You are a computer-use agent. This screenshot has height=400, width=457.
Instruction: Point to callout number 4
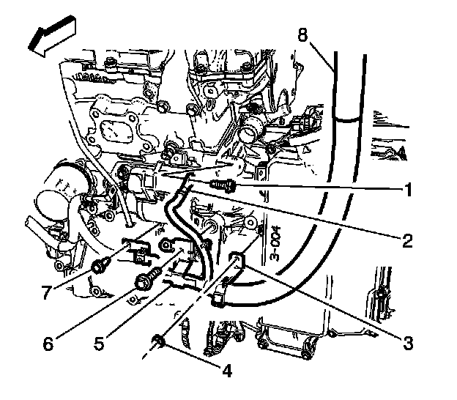227,371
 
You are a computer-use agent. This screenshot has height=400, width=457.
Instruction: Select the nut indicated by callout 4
157,340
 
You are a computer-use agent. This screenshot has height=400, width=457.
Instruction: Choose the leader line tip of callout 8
336,71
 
